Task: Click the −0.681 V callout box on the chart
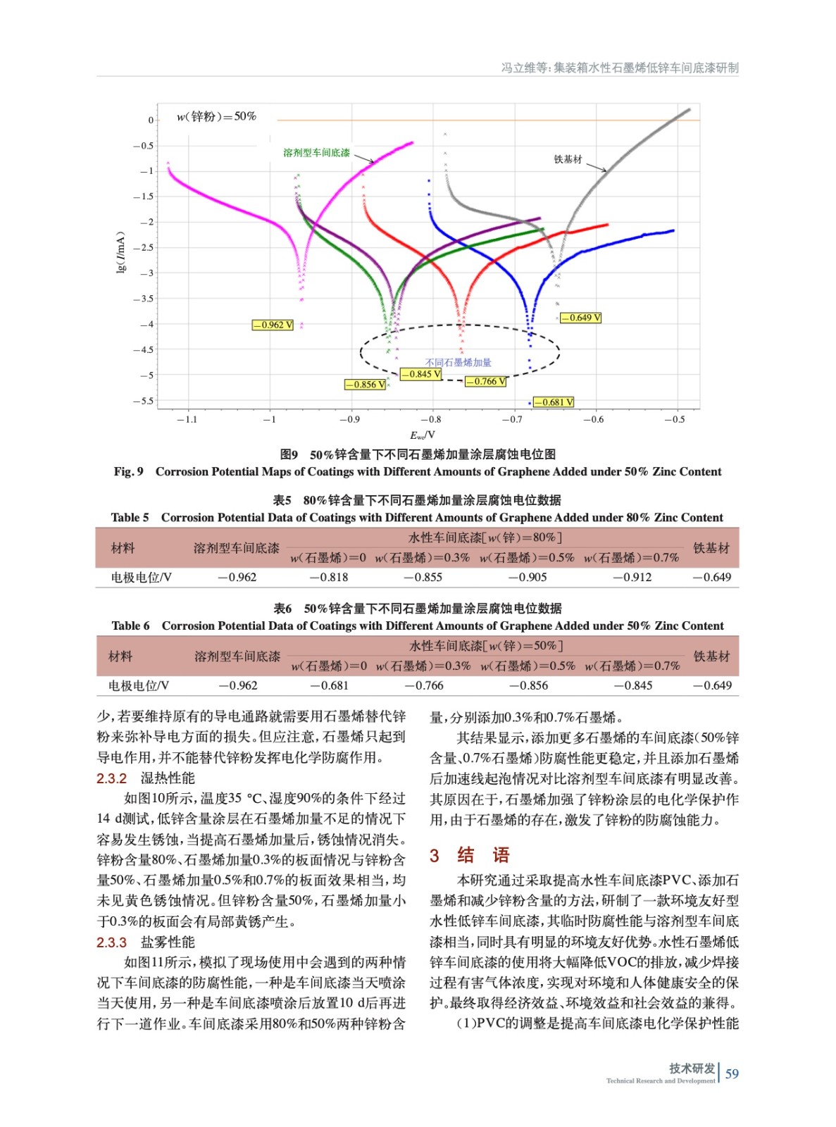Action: (554, 402)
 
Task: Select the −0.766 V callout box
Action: (485, 382)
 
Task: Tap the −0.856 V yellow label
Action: (365, 385)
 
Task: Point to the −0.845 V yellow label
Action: (420, 374)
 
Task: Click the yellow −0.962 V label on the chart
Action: (273, 325)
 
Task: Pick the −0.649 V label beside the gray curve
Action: (580, 318)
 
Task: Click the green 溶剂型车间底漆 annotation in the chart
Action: (316, 153)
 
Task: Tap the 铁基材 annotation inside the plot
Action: (568, 160)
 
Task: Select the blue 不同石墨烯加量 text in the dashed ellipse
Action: (458, 363)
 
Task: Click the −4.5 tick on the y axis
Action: (144, 350)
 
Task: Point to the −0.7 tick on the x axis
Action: (512, 420)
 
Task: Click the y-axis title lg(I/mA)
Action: (121, 251)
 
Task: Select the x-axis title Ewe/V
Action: (423, 435)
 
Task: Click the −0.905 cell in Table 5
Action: (528, 578)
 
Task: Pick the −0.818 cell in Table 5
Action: (329, 578)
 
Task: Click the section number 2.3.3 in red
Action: (111, 942)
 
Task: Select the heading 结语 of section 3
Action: (483, 855)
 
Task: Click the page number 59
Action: (732, 1074)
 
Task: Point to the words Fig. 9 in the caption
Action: (128, 472)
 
